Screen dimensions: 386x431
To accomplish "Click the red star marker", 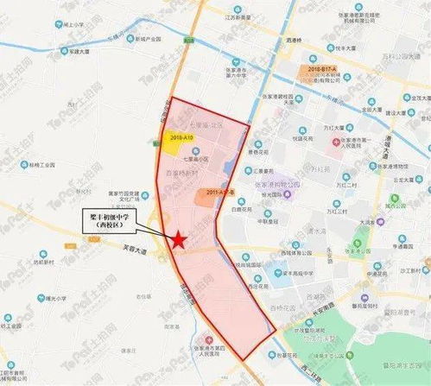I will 177,241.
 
